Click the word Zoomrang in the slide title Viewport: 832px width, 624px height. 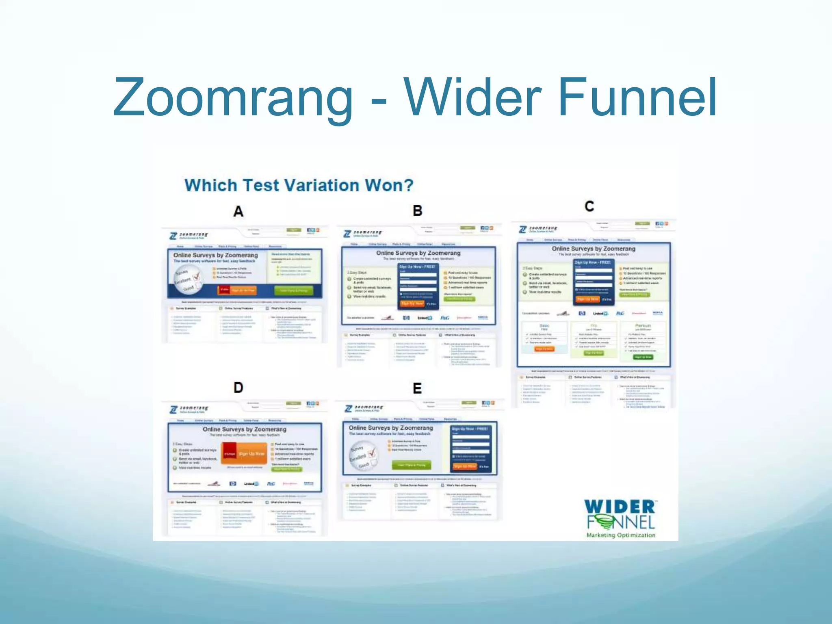click(233, 97)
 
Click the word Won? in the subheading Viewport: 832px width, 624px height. click(389, 185)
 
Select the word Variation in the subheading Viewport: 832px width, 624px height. click(321, 185)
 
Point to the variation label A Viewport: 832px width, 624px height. click(238, 211)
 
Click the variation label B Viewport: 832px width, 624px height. click(417, 210)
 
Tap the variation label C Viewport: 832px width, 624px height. click(589, 206)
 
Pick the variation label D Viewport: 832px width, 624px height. click(238, 388)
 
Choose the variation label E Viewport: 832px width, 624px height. click(417, 388)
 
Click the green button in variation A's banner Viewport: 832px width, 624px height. click(294, 290)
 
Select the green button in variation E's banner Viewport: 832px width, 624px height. click(412, 465)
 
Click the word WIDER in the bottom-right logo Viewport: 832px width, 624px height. click(620, 507)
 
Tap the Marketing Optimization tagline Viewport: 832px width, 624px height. click(621, 535)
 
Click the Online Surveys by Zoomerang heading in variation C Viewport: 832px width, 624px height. click(593, 248)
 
